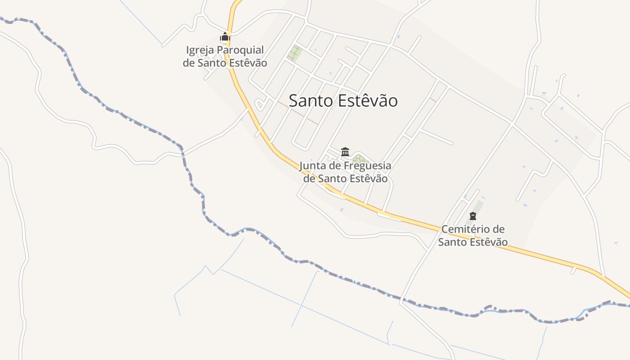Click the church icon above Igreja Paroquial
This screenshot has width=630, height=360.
pos(225,37)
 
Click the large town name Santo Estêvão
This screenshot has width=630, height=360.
pos(343,101)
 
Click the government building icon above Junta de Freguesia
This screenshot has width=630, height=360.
pos(345,152)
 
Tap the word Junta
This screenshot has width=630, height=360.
pos(314,166)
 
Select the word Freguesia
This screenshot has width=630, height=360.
pos(368,166)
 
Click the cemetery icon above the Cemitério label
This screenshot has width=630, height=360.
pos(472,216)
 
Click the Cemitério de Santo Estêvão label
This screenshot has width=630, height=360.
pos(473,236)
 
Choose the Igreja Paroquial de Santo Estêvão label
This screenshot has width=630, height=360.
pos(225,57)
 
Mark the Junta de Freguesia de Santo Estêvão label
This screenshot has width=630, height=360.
pos(345,172)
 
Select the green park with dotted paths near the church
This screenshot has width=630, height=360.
pos(295,53)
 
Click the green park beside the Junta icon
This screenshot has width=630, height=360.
pos(360,158)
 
